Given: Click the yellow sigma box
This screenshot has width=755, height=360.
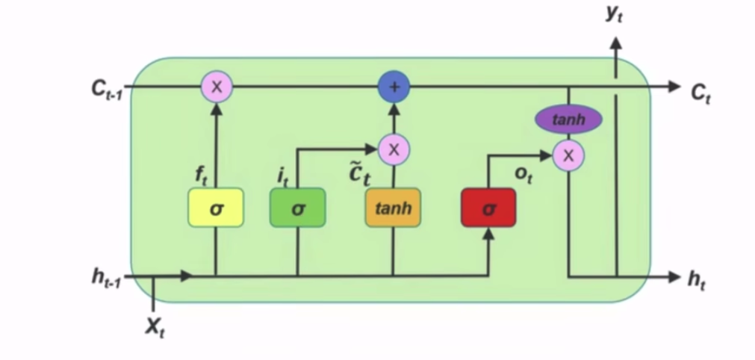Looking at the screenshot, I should coord(216,207).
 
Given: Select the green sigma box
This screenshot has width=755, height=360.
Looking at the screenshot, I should coord(297,207).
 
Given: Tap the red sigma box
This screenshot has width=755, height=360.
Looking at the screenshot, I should coord(488,207).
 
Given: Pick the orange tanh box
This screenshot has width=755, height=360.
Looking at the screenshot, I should coord(393,207).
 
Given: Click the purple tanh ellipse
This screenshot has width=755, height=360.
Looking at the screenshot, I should coord(568,119).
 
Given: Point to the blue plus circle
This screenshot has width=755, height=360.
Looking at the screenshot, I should coord(394,87).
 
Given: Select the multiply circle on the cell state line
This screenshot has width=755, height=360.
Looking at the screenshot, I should coord(217,87).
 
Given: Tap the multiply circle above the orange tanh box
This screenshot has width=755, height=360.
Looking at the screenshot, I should coord(394,150).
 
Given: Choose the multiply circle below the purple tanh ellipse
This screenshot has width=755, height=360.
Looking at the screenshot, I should coord(569,155).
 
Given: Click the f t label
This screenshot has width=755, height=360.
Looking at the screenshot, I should coord(201,176).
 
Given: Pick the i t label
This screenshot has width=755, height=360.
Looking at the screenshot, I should coord(282,176).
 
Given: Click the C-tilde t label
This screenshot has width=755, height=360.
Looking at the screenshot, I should coord(361,174).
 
